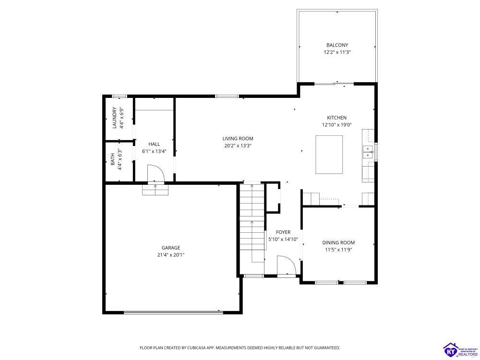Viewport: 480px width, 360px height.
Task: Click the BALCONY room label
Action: pos(337,45)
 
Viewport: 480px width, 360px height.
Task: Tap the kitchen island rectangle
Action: pos(329,155)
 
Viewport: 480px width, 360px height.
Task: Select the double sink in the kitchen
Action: pos(368,152)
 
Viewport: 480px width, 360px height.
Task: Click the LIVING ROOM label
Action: pos(238,139)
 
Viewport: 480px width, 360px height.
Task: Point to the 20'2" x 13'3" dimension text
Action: pos(238,146)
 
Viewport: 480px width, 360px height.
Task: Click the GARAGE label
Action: pos(171,248)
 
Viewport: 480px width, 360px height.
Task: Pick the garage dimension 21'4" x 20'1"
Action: pos(171,255)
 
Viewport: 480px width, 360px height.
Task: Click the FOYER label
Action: pos(283,232)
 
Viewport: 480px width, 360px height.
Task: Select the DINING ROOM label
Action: pos(338,243)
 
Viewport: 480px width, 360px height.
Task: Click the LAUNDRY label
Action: pos(114,118)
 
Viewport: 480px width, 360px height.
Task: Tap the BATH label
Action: pos(113,159)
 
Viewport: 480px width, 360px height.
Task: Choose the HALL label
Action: pos(154,144)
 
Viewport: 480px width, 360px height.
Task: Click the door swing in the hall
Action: pos(156,174)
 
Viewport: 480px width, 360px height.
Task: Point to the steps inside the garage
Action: pos(156,190)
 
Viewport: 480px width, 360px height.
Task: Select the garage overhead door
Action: pos(173,312)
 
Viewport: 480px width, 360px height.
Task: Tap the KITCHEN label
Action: pos(337,118)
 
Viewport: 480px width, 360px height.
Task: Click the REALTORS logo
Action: pos(460,349)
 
